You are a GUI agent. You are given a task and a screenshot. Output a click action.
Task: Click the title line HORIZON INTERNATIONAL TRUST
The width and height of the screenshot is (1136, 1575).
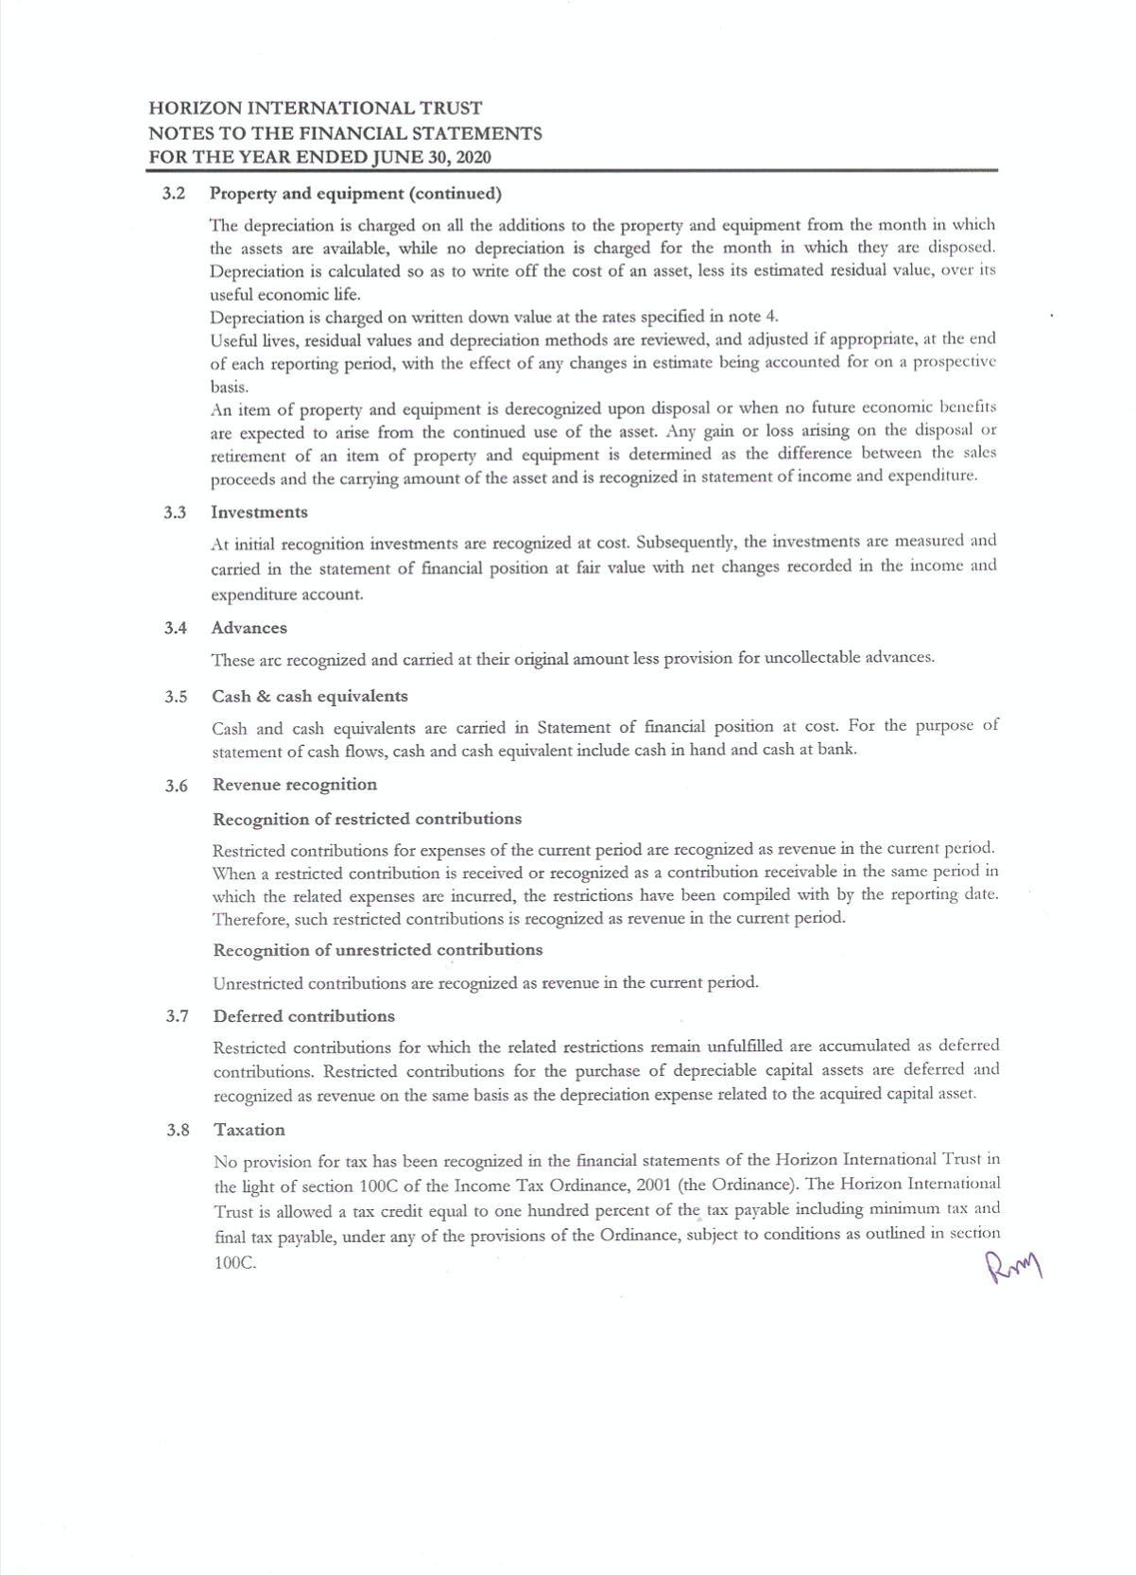(315, 109)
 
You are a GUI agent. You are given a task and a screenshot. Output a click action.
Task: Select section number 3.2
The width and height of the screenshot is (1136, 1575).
(174, 194)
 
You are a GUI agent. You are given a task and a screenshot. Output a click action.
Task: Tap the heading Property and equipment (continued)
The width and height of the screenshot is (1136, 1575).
(355, 194)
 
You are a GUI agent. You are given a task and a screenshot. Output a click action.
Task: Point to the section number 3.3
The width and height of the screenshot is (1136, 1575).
(174, 512)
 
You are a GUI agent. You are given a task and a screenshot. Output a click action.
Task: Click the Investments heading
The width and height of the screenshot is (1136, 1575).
(259, 512)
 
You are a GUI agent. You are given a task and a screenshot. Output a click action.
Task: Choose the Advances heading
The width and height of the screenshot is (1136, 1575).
(250, 628)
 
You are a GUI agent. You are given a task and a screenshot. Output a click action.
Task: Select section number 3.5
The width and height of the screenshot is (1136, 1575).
(176, 697)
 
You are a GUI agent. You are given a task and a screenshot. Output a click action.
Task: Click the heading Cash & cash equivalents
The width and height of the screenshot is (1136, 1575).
(310, 697)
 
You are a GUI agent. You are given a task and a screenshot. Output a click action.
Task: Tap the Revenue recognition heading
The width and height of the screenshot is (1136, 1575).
(295, 785)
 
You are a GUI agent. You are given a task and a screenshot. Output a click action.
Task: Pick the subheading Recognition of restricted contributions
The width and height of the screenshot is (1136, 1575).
(367, 819)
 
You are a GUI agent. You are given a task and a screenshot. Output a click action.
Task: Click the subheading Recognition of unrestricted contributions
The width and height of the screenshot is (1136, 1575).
(378, 949)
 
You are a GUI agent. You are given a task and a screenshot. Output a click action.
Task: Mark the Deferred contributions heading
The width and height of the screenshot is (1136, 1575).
(304, 1016)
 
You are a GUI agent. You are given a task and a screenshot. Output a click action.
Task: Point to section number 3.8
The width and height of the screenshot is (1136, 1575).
(178, 1130)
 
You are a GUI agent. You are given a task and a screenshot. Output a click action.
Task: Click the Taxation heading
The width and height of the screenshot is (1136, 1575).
(250, 1130)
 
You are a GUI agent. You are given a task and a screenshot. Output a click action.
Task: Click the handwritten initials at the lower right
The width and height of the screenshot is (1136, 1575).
(1012, 1264)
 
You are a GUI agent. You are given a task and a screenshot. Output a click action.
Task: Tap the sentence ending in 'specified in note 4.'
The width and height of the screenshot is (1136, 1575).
(493, 317)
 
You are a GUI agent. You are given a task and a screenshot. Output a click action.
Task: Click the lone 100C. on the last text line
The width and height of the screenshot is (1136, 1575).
(235, 1263)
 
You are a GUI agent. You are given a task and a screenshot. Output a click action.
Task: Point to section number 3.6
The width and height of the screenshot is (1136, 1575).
(176, 786)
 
